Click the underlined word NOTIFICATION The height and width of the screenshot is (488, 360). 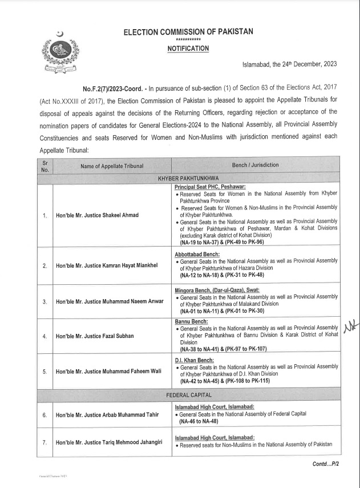[x=188, y=49]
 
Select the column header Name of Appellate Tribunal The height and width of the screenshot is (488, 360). [x=108, y=165]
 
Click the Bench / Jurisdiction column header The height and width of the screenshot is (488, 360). [x=255, y=165]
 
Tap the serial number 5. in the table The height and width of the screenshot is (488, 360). [x=45, y=372]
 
